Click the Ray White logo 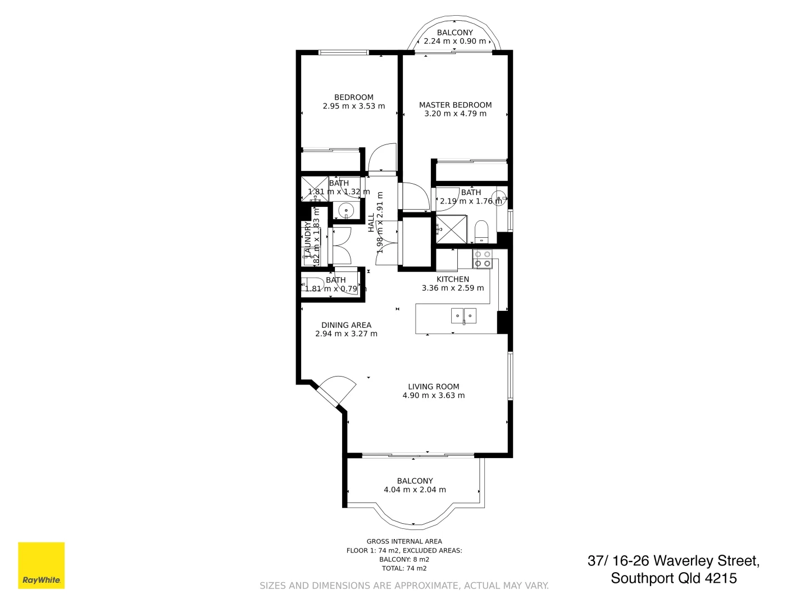(42, 565)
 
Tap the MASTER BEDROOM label (455, 105)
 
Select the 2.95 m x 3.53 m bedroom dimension (354, 106)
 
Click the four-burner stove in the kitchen (482, 259)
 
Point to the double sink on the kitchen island (463, 316)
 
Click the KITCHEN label (453, 279)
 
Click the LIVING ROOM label (433, 387)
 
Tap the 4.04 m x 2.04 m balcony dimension (415, 490)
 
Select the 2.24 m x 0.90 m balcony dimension (455, 41)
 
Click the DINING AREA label (346, 325)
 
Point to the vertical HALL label (371, 223)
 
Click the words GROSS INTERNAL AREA (404, 542)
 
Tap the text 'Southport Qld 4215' (674, 578)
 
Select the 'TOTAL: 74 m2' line (404, 568)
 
